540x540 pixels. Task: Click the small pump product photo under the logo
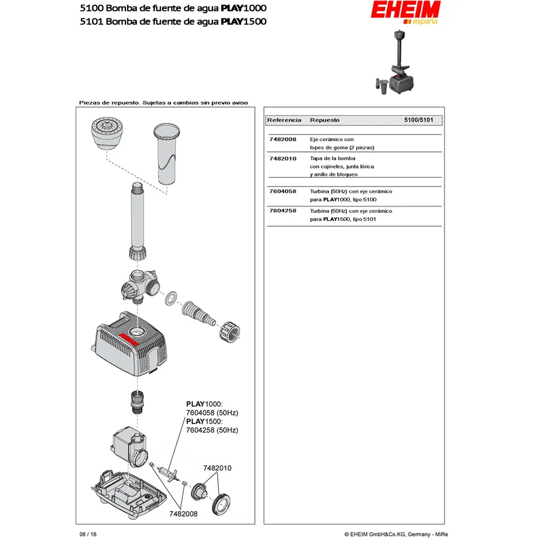pos(396,63)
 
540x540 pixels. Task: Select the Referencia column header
pos(284,121)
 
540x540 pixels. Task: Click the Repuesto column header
pos(325,121)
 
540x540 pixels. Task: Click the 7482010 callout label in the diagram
pos(217,468)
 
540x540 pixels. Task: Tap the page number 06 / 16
pos(88,534)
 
